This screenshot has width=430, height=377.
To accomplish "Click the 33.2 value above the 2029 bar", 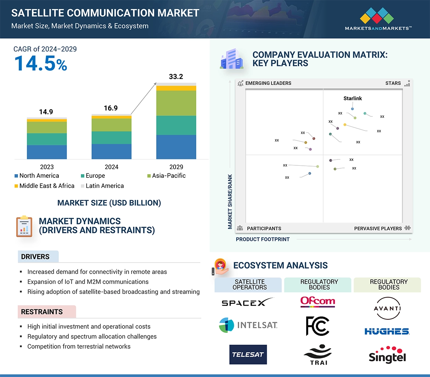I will pos(176,77).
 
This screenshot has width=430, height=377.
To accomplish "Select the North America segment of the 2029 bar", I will pos(176,147).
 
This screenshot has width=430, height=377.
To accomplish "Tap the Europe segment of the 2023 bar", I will pos(47,139).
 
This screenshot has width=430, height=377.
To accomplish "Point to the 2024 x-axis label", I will pos(111,167).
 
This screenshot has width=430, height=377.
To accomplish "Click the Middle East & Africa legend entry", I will pos(44,186).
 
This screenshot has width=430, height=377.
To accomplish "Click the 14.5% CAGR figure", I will pos(40,63).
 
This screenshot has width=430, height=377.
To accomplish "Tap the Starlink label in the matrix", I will pos(352,98).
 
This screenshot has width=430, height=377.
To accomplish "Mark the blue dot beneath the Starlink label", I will pos(352,109).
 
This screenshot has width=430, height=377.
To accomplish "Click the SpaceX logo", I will pos(248,302).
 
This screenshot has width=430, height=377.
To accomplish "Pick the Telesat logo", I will pos(248,355).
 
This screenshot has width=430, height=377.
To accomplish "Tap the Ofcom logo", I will pos(318,302).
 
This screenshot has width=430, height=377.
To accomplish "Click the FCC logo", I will pos(318,326).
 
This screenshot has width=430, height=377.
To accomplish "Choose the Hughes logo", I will pos(387,331).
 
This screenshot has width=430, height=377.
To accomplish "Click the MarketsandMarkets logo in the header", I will pos(378,21).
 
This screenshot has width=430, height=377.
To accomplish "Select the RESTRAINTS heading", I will pos(42,312).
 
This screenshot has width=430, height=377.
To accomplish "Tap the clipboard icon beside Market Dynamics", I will pos(24,226).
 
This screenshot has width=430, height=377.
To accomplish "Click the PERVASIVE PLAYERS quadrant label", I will pos(378,229).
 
